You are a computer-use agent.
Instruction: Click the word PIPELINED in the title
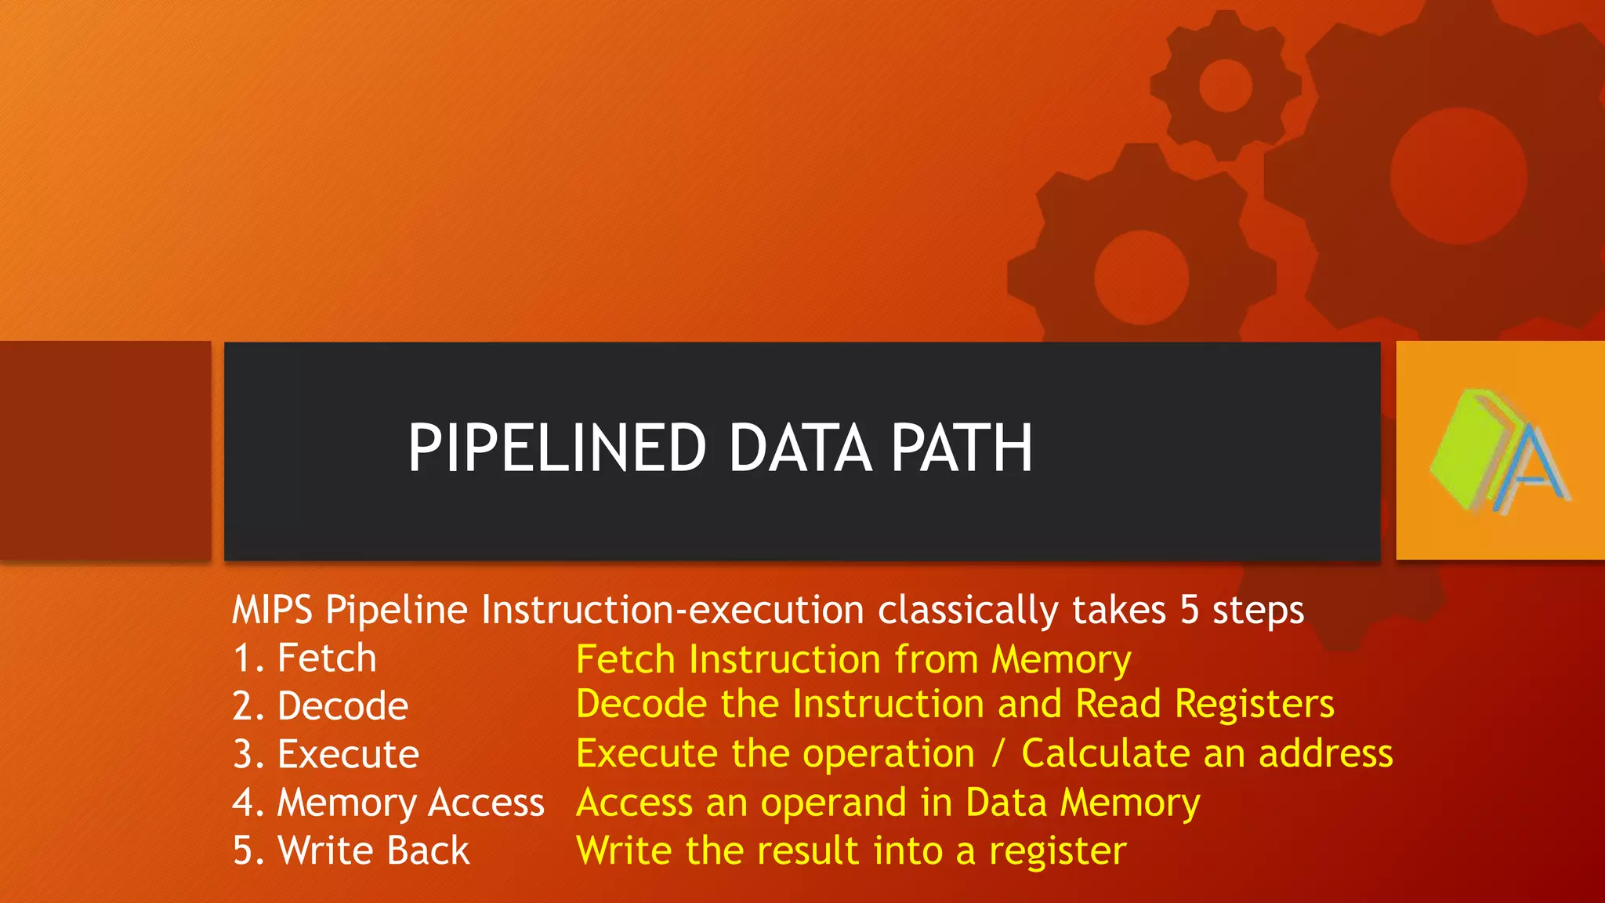[557, 448]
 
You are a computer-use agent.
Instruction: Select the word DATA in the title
[800, 448]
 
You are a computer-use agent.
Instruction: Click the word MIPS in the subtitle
[272, 610]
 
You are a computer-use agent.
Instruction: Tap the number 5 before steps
[1190, 610]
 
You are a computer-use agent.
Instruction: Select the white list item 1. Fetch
[305, 658]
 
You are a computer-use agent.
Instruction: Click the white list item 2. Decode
[321, 706]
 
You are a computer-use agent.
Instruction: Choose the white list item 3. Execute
[326, 754]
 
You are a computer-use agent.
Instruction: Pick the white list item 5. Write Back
[351, 850]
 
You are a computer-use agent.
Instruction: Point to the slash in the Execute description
[998, 754]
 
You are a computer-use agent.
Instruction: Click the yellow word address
[1325, 754]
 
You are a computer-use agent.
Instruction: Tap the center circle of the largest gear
[1458, 176]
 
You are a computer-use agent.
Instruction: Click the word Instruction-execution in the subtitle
[672, 610]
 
